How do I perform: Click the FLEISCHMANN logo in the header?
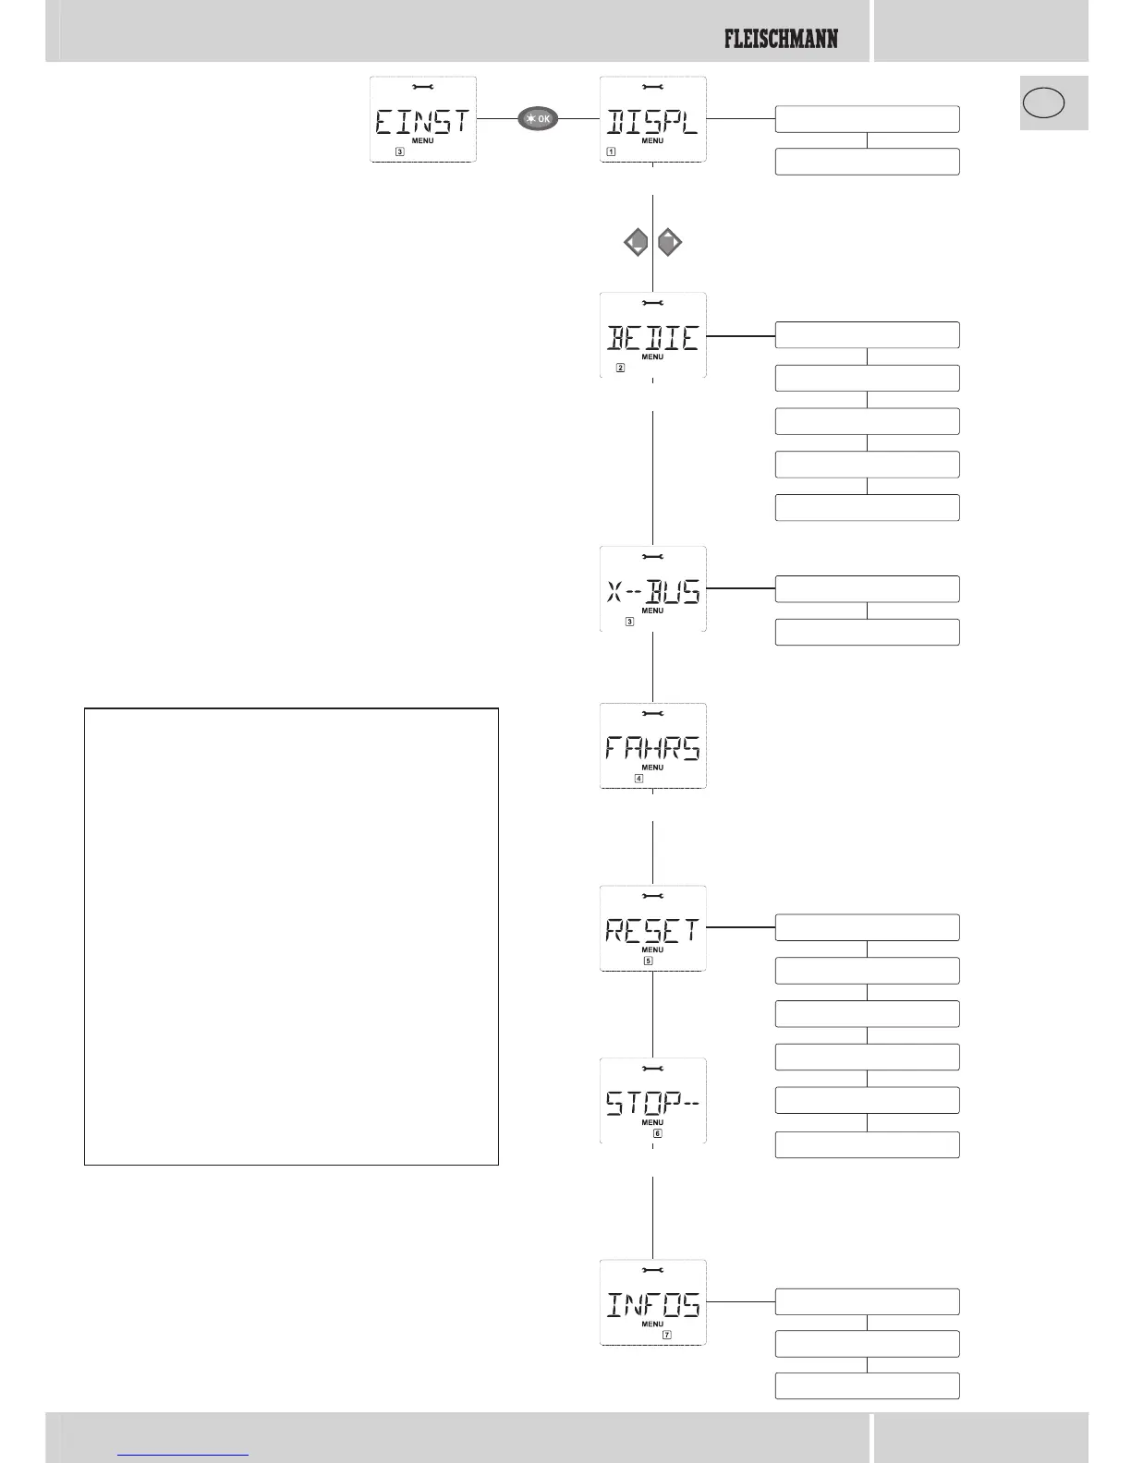tap(781, 39)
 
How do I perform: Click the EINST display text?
tap(422, 122)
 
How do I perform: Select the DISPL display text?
tap(652, 122)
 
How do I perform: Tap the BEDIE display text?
tap(652, 338)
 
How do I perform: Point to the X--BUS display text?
tap(652, 591)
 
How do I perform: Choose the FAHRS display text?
tap(652, 747)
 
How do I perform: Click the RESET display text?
tap(652, 930)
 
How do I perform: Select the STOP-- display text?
tap(652, 1103)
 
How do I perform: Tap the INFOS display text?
tap(652, 1304)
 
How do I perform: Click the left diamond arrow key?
tap(636, 244)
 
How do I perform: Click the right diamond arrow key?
tap(670, 244)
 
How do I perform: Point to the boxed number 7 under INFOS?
tap(667, 1335)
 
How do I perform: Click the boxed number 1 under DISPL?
tap(611, 151)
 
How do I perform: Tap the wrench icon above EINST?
tap(422, 87)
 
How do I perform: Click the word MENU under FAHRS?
tap(652, 768)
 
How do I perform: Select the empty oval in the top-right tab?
tap(1043, 102)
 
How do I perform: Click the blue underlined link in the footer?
tap(184, 1454)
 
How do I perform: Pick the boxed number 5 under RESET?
tap(648, 961)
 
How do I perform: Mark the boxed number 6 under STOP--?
tap(658, 1133)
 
